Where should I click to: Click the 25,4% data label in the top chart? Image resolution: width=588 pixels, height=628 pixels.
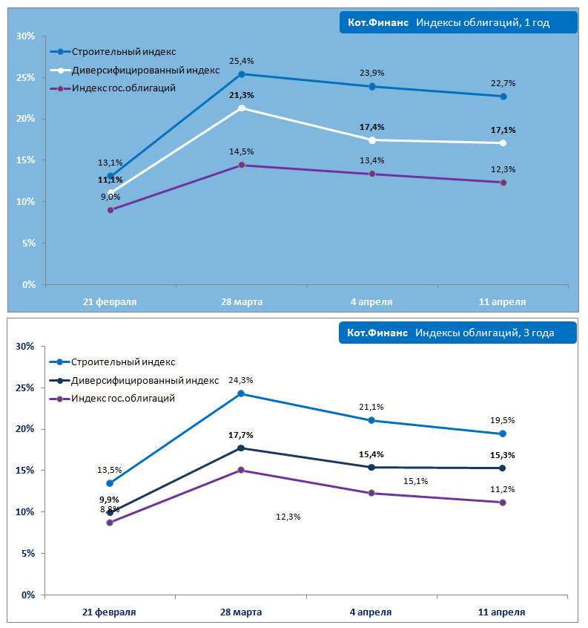tap(242, 61)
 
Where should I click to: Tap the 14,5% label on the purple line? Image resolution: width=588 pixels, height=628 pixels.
tap(242, 152)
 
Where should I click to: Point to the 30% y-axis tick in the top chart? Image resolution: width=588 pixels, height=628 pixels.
tap(26, 36)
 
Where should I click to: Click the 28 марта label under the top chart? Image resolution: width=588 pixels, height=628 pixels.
tap(242, 302)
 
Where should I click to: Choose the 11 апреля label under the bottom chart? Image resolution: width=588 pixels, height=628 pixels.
tap(503, 612)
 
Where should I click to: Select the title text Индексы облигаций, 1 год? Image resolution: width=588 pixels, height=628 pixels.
tap(482, 23)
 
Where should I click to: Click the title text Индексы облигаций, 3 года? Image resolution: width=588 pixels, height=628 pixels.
tap(484, 333)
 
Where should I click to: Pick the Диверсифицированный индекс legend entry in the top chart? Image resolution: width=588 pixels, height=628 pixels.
tap(145, 71)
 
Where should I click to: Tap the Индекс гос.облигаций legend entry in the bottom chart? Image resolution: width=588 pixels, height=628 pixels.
tap(123, 399)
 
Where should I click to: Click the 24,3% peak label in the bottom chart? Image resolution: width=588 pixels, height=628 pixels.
tap(242, 380)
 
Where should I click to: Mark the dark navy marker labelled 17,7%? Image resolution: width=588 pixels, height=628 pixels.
tap(241, 448)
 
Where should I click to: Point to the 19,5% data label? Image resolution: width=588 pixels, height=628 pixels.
tap(503, 420)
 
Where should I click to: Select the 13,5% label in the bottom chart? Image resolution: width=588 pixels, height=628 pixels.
tap(110, 470)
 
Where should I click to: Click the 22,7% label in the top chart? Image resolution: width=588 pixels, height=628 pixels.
tap(503, 83)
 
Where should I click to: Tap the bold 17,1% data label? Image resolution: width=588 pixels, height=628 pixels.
tap(503, 130)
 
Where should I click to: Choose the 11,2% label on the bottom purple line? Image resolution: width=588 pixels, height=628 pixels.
tap(503, 489)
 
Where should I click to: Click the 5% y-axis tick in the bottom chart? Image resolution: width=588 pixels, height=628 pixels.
tap(27, 554)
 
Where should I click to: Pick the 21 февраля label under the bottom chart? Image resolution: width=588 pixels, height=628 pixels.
tap(109, 612)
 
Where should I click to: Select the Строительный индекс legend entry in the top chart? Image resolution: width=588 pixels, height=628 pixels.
tap(124, 52)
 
